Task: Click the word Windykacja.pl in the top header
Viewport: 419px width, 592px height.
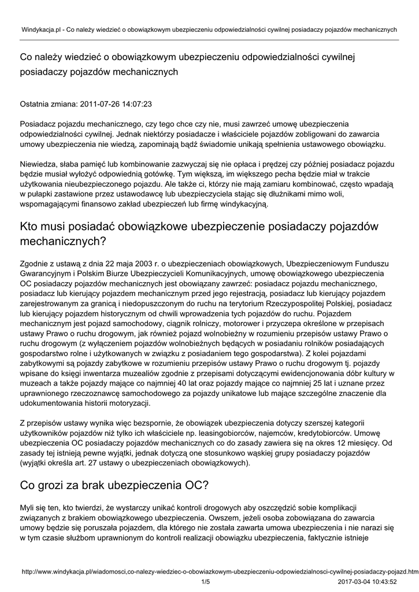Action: (x=41, y=28)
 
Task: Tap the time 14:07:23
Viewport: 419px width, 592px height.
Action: (x=138, y=105)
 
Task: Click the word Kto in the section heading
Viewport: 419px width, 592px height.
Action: (x=32, y=227)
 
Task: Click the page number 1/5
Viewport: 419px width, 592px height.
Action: (x=206, y=582)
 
